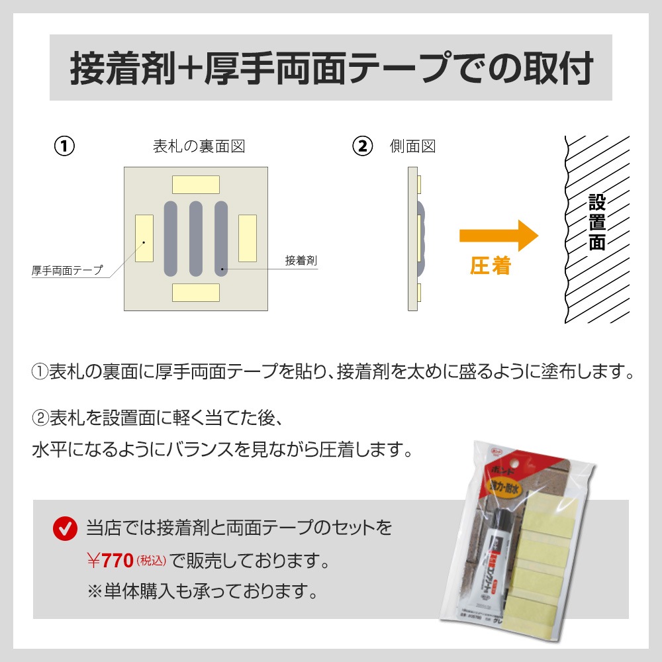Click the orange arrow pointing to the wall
(x=498, y=236)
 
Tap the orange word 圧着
(x=491, y=266)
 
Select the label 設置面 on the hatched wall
(x=597, y=222)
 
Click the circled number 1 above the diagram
(x=64, y=146)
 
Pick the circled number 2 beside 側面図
(x=362, y=146)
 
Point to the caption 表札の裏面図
(x=199, y=146)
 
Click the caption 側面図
(x=412, y=146)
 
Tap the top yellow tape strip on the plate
(x=195, y=184)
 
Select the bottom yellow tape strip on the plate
(x=195, y=293)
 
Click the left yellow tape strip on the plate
(x=144, y=238)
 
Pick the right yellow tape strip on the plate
(x=247, y=238)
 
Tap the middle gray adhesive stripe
(x=196, y=238)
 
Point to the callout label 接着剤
(x=301, y=261)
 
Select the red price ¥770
(x=110, y=562)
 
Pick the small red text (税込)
(x=151, y=562)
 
